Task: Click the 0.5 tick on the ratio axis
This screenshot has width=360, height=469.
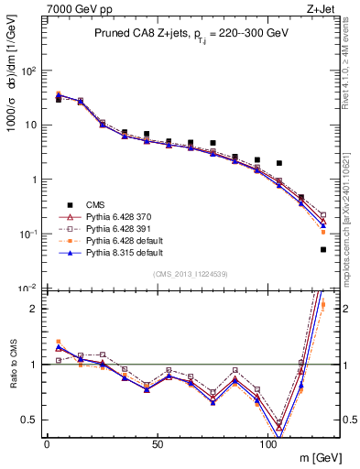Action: pyautogui.click(x=30, y=420)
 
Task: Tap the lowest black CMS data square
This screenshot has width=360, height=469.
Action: pyautogui.click(x=323, y=249)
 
